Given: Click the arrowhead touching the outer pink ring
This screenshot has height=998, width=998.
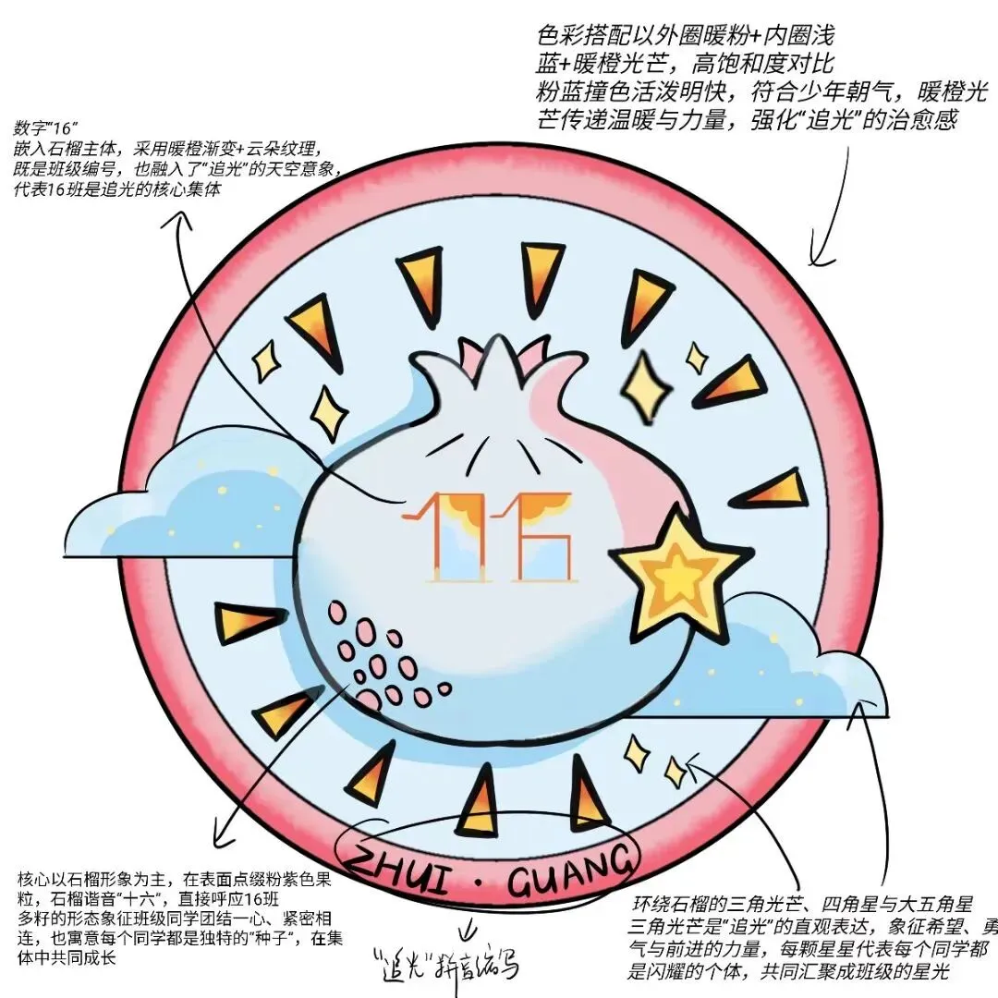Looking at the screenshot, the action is tap(815, 255).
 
